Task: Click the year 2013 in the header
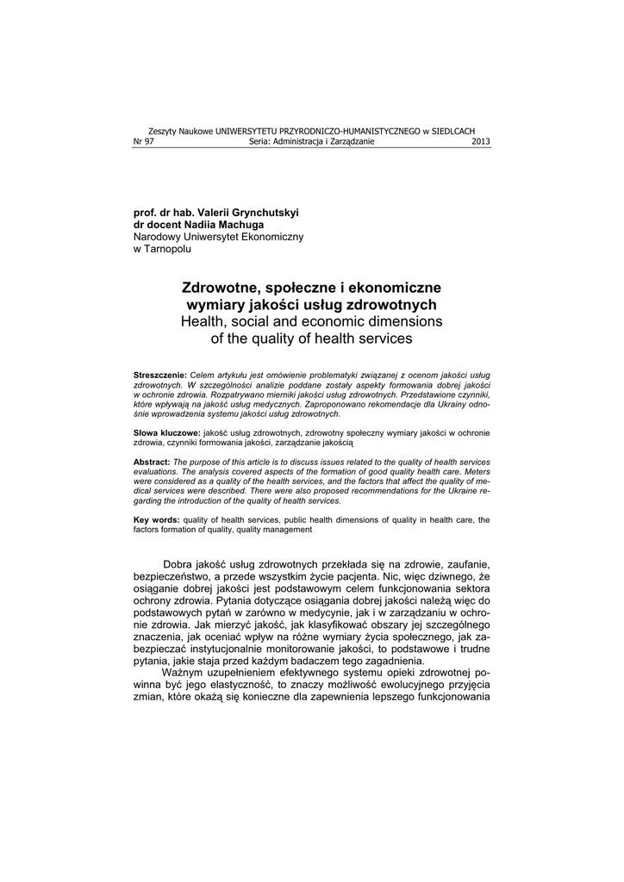pos(481,142)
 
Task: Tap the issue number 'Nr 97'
pos(143,142)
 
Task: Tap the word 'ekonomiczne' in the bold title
pos(393,287)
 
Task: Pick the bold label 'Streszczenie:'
pos(160,376)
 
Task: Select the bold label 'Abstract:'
pos(152,463)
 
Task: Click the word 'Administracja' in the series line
pos(297,142)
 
